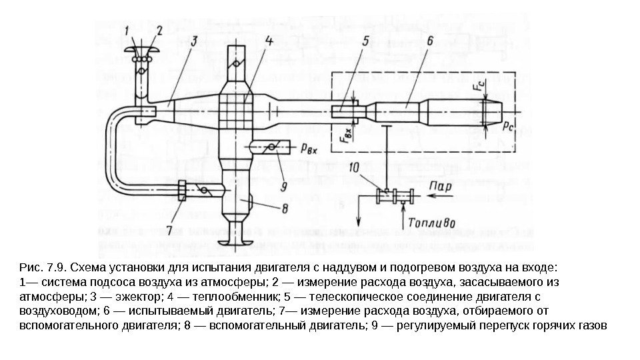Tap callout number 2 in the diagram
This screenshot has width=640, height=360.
[159, 30]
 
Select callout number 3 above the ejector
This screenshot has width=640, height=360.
[193, 42]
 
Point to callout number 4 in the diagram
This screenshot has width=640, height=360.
[267, 41]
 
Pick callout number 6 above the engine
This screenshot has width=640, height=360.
[429, 41]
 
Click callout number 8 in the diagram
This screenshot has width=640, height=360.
[285, 208]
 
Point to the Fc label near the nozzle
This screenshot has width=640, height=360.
[477, 86]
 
